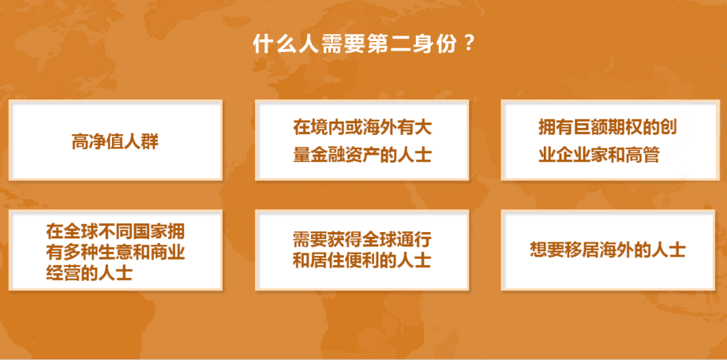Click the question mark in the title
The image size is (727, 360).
coord(468,43)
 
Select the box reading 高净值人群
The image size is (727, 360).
coord(115,140)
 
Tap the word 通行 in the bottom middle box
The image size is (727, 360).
coord(414,240)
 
